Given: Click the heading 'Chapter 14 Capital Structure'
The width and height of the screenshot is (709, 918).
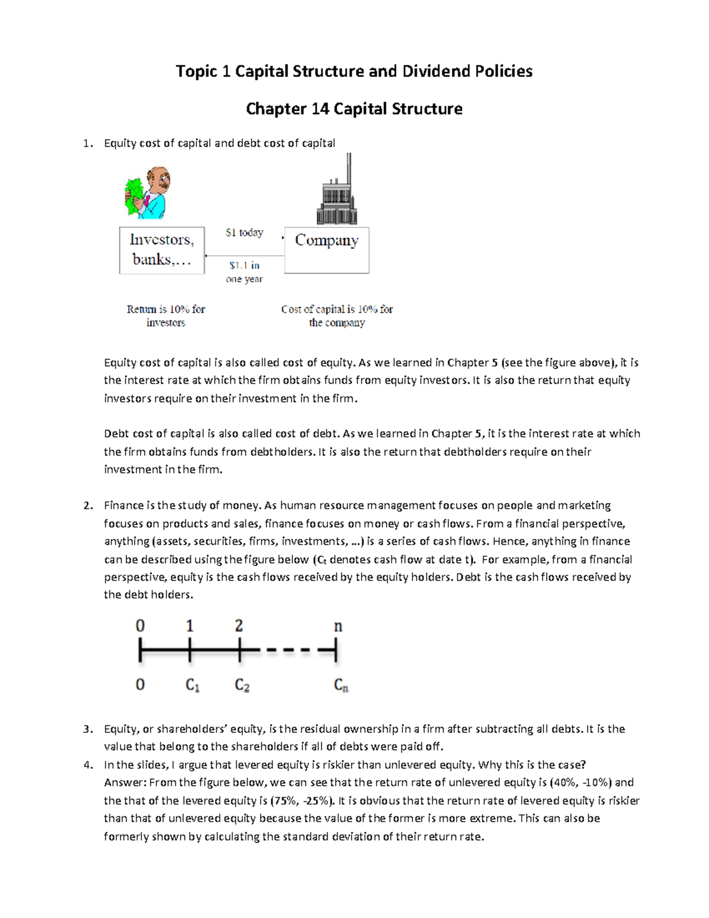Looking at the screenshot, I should click(354, 109).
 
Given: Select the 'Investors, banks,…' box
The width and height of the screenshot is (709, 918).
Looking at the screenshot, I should click(162, 250).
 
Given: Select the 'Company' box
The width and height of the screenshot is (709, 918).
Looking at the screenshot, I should click(327, 250).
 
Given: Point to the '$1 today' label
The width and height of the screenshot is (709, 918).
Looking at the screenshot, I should click(244, 232).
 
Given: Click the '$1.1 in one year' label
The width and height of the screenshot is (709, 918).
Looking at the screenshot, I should click(244, 272).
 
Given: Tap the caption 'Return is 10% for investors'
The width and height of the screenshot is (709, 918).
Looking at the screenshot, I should click(165, 316).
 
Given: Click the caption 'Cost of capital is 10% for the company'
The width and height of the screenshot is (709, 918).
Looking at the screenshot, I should click(337, 316).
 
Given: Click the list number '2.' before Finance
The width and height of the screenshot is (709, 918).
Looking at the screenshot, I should click(88, 505).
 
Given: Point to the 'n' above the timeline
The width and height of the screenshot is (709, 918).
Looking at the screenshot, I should click(338, 626).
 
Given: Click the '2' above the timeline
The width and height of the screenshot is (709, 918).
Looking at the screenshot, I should click(239, 625).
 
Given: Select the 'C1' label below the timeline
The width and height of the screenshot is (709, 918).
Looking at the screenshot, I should click(193, 685).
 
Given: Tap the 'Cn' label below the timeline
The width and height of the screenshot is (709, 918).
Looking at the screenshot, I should click(341, 685).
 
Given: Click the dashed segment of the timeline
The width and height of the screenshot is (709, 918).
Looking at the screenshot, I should click(288, 651).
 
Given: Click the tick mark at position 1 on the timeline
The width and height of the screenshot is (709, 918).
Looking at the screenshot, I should click(190, 651).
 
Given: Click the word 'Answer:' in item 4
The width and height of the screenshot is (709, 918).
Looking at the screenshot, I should click(125, 783).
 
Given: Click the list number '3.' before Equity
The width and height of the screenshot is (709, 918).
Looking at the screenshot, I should click(88, 729).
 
